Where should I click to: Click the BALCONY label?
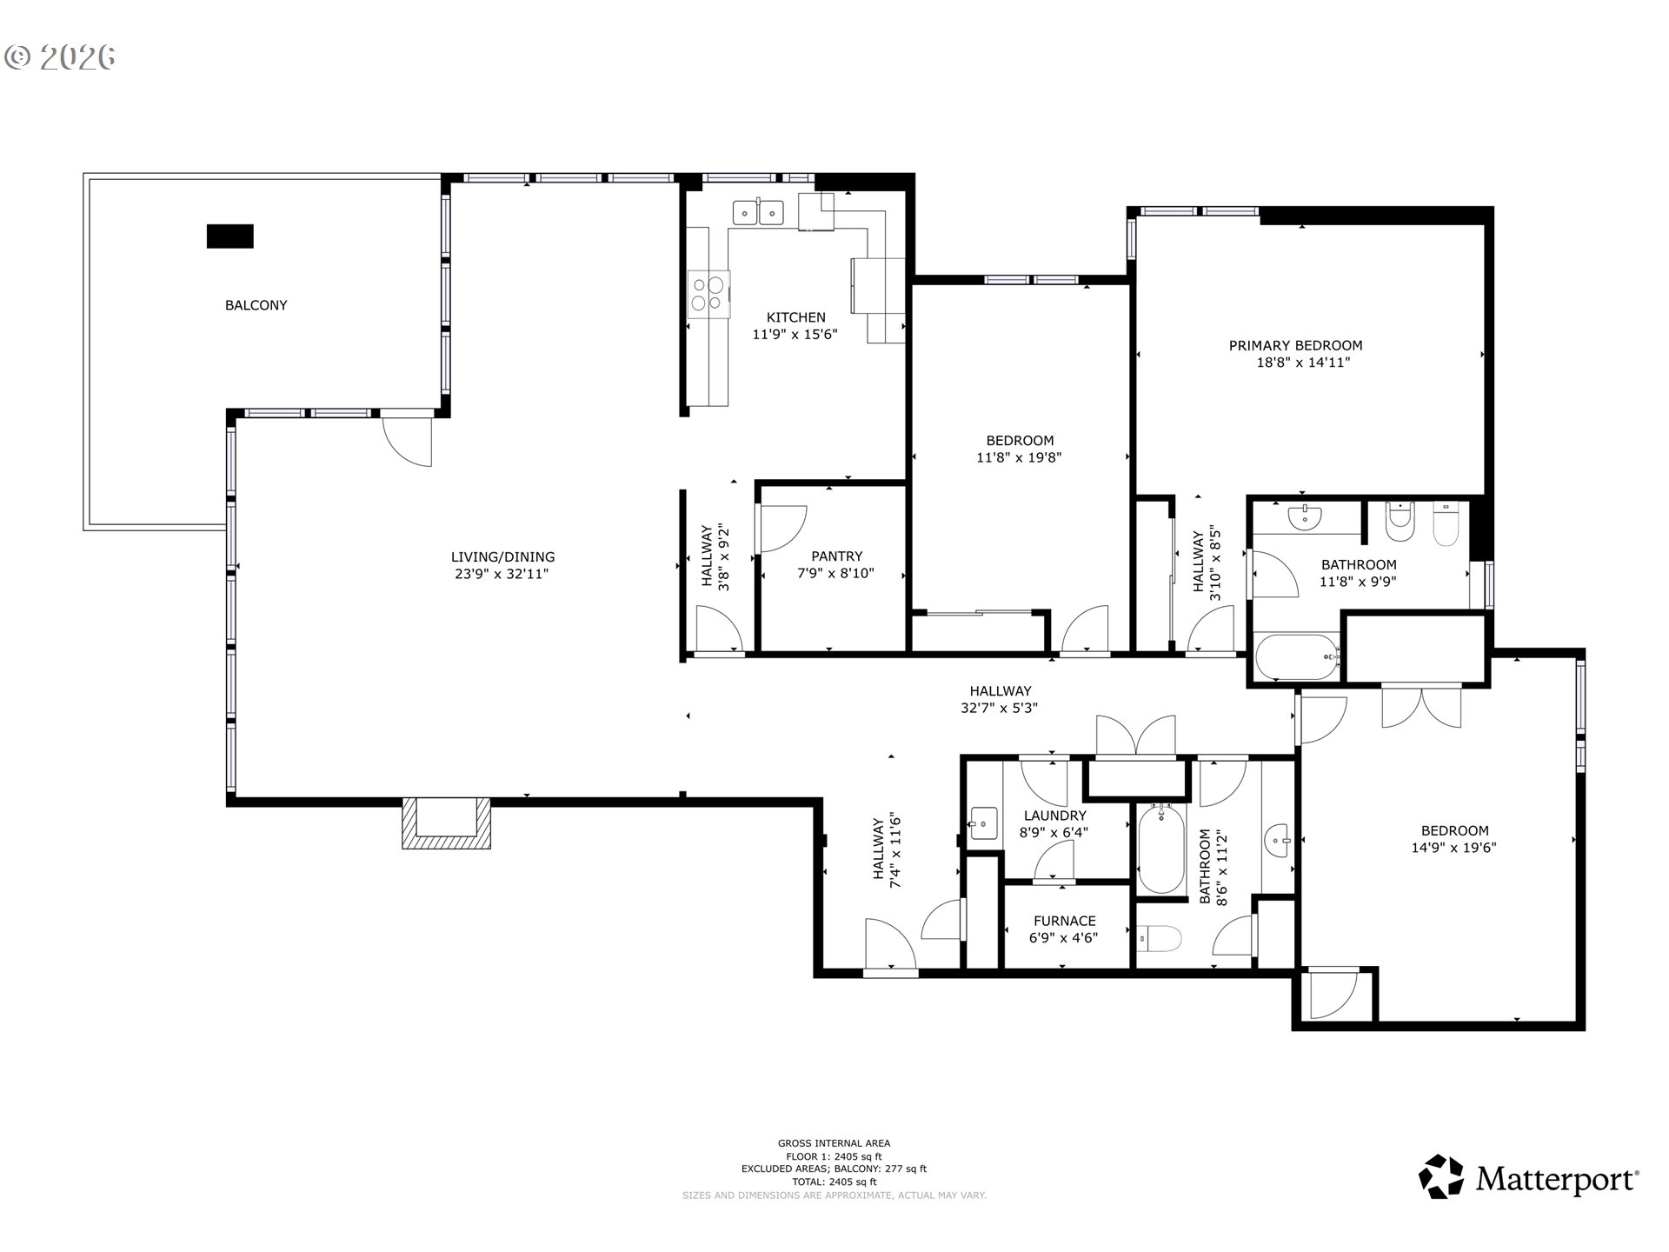click(256, 305)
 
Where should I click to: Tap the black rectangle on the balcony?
click(229, 236)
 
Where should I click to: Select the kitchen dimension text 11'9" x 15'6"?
click(795, 334)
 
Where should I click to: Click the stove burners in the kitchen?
click(708, 293)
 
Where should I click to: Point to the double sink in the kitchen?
click(758, 212)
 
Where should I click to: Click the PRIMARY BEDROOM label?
click(1295, 345)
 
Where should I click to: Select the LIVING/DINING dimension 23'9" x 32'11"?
click(502, 574)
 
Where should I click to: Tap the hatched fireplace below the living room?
click(446, 823)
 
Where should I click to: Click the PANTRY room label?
click(836, 556)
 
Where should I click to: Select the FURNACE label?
click(1064, 921)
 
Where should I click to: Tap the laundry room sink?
click(984, 822)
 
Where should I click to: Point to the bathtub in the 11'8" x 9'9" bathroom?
click(1295, 657)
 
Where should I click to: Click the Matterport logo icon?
click(1441, 1177)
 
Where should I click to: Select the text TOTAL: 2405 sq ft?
click(834, 1182)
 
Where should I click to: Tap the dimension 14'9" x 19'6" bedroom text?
click(1453, 848)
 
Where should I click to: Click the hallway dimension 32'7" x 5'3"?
click(999, 708)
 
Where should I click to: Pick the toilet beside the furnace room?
click(1160, 940)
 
